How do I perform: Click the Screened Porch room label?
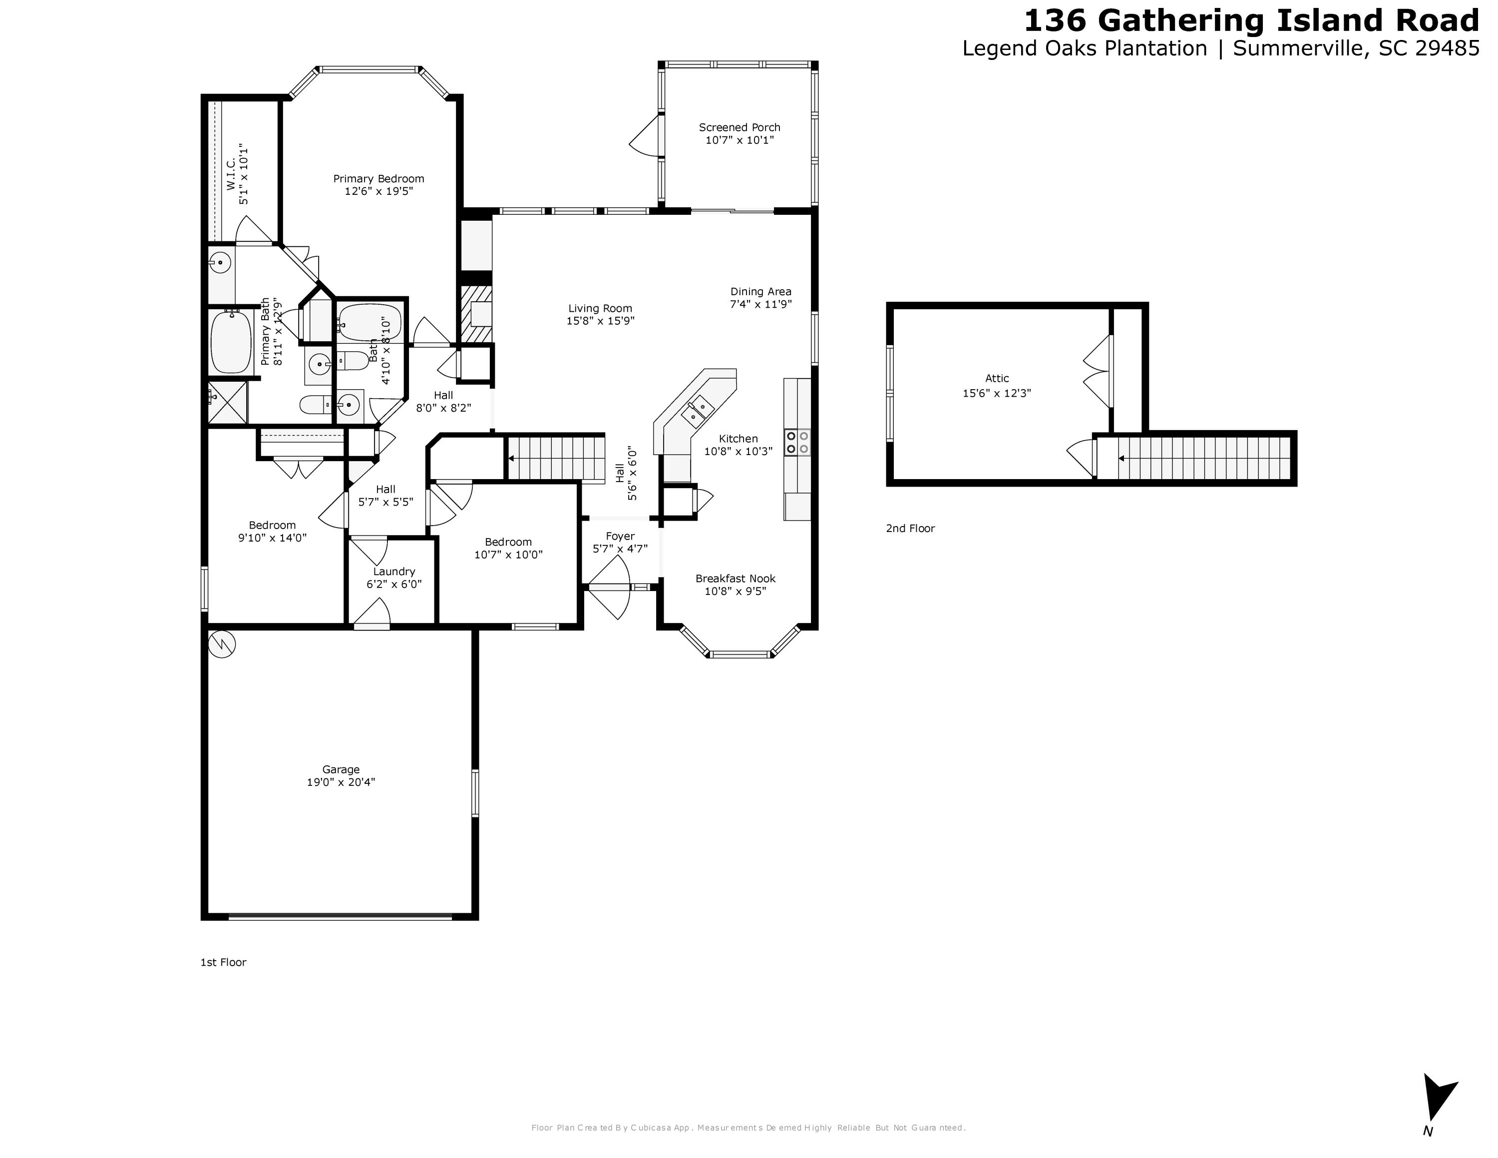[740, 127]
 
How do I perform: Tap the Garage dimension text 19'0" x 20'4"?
[341, 782]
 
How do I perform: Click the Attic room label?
[997, 378]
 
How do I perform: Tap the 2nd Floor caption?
[910, 528]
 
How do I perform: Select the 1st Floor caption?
[223, 963]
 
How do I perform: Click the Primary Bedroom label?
[378, 179]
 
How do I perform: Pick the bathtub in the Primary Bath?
[229, 341]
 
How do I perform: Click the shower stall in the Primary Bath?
[227, 403]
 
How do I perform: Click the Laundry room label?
[393, 572]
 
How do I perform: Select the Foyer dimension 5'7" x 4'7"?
[620, 549]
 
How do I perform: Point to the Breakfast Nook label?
[736, 579]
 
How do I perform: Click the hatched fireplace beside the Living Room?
[476, 315]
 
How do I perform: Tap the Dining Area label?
[760, 292]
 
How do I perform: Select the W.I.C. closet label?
[231, 173]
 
